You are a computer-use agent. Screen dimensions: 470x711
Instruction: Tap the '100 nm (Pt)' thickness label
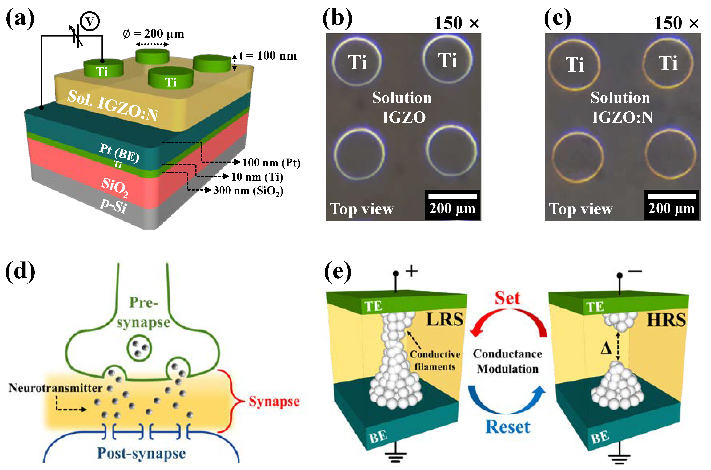tap(271, 163)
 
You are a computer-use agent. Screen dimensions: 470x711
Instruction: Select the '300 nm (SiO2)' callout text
tap(248, 191)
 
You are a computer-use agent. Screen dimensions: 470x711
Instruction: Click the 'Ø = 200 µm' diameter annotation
tap(153, 34)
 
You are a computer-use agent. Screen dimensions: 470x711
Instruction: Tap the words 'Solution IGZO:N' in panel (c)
tap(621, 107)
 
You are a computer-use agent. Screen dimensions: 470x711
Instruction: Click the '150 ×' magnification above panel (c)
tap(676, 23)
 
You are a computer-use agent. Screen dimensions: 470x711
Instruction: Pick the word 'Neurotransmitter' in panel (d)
tap(56, 388)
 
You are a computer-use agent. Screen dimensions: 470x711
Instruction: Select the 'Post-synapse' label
tap(141, 453)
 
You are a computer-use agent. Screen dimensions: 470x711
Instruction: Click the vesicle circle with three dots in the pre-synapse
tap(139, 348)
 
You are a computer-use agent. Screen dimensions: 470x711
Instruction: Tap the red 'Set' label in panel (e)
tap(507, 298)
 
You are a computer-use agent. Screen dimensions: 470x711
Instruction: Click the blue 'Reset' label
tap(508, 427)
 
